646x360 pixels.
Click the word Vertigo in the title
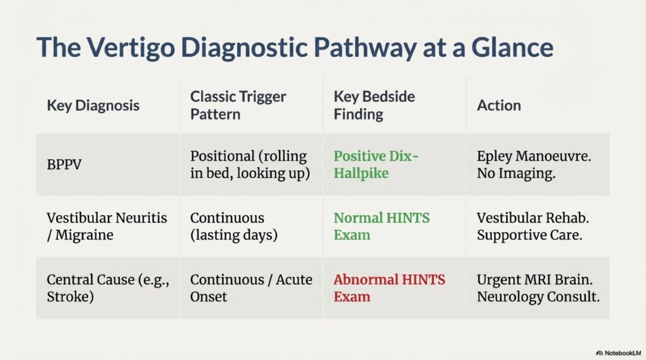point(131,47)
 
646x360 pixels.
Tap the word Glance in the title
point(512,47)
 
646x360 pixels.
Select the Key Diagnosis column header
point(93,105)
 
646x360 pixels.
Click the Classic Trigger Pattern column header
point(238,105)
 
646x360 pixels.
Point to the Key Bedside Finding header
point(374,105)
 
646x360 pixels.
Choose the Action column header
point(499,105)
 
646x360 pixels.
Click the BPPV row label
point(64,165)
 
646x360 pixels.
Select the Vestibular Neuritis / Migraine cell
point(107,226)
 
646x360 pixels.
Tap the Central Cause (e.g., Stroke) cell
point(108,288)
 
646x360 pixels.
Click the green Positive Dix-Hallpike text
point(376,165)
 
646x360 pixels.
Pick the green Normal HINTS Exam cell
point(382,226)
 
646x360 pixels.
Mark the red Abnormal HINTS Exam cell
point(389,288)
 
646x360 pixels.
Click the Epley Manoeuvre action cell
point(534,165)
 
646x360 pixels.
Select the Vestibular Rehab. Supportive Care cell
point(532,226)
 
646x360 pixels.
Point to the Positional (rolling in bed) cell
point(250,165)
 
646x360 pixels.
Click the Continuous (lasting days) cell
point(233,226)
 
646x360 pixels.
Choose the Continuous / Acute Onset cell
point(251,288)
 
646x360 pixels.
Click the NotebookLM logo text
point(618,353)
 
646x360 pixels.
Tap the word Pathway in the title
point(365,47)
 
